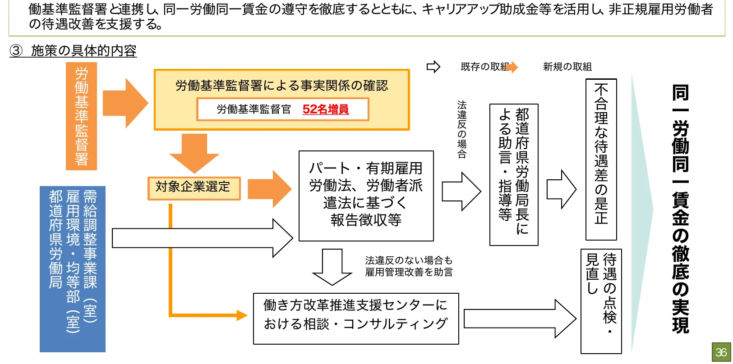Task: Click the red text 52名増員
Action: pyautogui.click(x=325, y=109)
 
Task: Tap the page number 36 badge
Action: pyautogui.click(x=721, y=352)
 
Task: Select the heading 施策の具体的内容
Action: pyautogui.click(x=83, y=50)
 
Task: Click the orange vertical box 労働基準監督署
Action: pyautogui.click(x=81, y=116)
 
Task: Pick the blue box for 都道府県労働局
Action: pyautogui.click(x=73, y=269)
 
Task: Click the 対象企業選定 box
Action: pyautogui.click(x=194, y=187)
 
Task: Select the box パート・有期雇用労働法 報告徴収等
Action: pyautogui.click(x=366, y=196)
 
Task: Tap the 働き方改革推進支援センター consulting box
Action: pyautogui.click(x=355, y=318)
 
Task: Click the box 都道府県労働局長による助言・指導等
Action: pyautogui.click(x=514, y=175)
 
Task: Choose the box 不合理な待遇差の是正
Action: pyautogui.click(x=601, y=159)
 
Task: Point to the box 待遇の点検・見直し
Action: pyautogui.click(x=601, y=301)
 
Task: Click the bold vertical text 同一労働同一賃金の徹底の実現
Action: pyautogui.click(x=680, y=208)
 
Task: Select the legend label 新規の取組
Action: pyautogui.click(x=567, y=67)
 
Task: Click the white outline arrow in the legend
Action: pyautogui.click(x=433, y=67)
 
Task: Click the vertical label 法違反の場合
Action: pyautogui.click(x=461, y=129)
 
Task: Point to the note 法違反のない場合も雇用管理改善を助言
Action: pyautogui.click(x=409, y=266)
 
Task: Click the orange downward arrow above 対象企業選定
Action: pyautogui.click(x=194, y=152)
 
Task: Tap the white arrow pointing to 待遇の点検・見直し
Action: pyautogui.click(x=519, y=319)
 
